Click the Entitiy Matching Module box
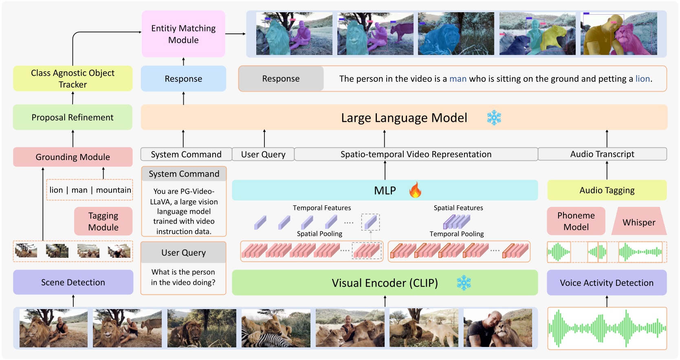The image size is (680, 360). [x=183, y=34]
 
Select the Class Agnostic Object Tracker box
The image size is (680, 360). [x=73, y=79]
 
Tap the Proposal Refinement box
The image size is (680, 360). [x=73, y=117]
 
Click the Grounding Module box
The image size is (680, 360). [x=73, y=157]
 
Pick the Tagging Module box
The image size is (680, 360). [x=103, y=221]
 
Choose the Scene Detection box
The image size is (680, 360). [x=73, y=282]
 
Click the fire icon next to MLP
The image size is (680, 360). [x=415, y=190]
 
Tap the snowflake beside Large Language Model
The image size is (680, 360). [x=494, y=118]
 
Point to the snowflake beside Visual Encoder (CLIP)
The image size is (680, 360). [x=464, y=283]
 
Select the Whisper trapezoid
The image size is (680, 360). [x=639, y=222]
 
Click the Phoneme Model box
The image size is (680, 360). [x=576, y=221]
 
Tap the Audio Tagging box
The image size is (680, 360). [x=607, y=190]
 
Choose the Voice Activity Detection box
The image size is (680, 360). [x=606, y=283]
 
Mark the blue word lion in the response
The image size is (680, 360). [x=643, y=79]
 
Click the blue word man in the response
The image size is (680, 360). [x=458, y=79]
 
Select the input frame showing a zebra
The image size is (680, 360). [x=276, y=328]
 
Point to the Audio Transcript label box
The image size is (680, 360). [x=602, y=154]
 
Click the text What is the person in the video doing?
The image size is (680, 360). [x=183, y=277]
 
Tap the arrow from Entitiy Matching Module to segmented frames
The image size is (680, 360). [x=235, y=34]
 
